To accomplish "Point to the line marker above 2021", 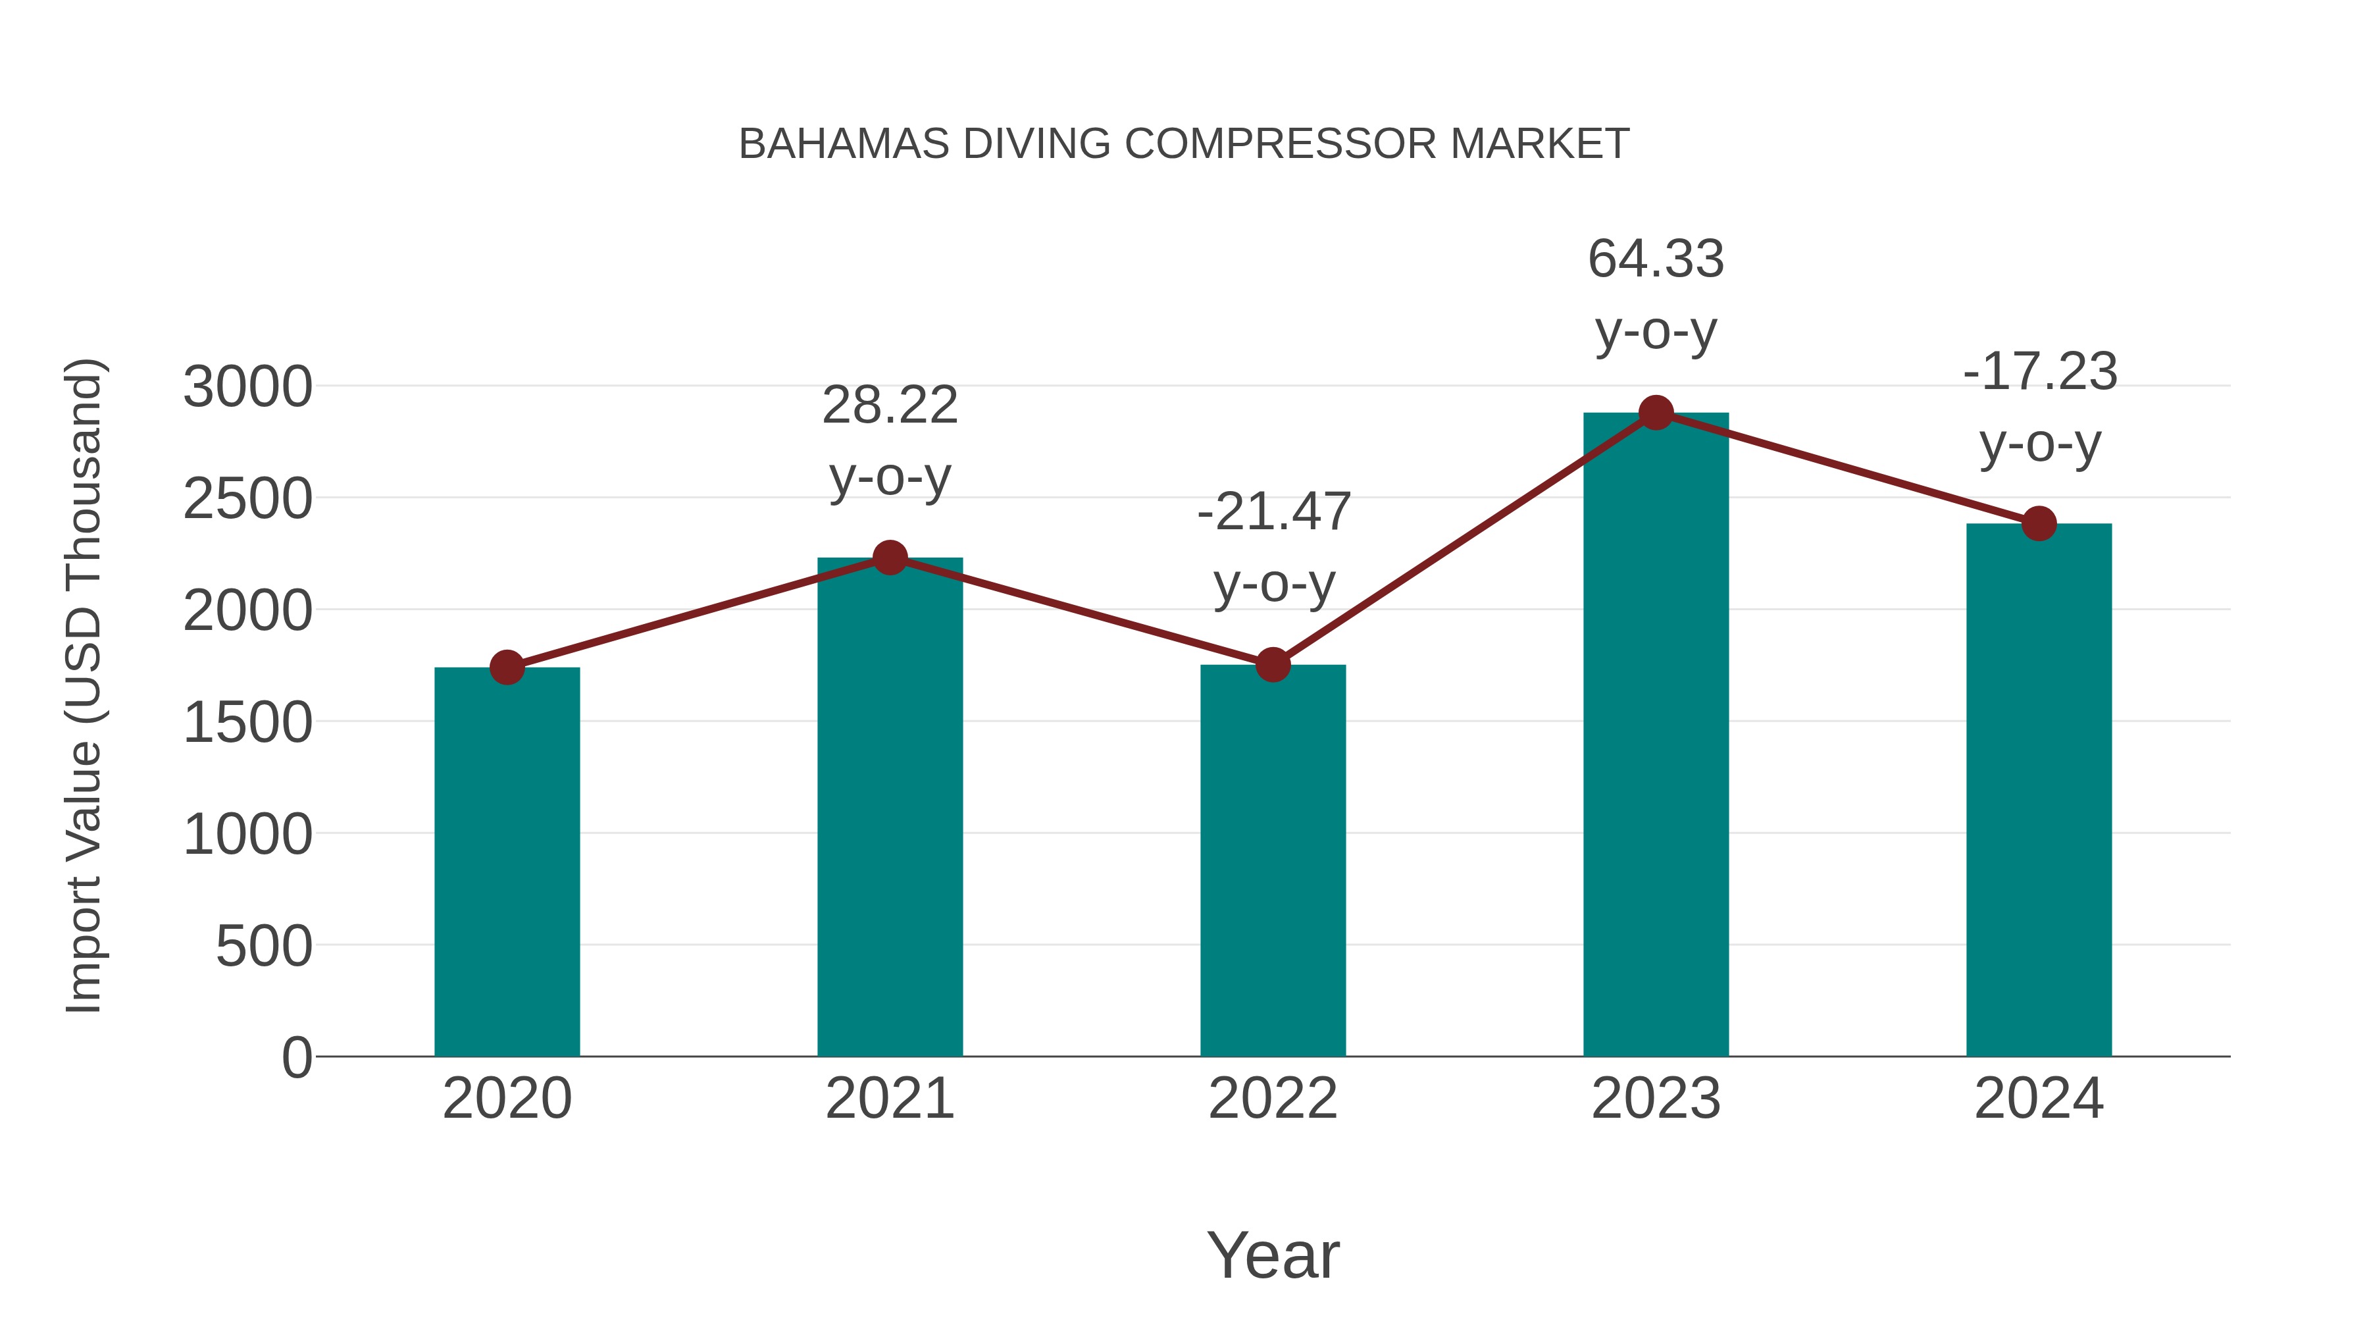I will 889,558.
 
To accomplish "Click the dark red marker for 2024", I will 2039,523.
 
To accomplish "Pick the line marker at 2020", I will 507,667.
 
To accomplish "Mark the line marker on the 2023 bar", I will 1656,413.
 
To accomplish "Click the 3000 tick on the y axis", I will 247,387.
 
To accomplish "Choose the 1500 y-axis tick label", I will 247,723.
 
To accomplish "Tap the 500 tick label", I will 264,947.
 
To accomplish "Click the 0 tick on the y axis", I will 297,1058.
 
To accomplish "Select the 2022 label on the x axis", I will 1273,1099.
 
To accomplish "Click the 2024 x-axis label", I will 2039,1099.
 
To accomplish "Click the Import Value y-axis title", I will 84,685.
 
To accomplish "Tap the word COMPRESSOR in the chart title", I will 1279,144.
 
